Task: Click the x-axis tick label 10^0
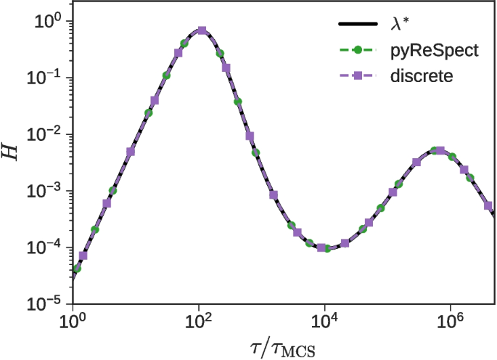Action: [x=73, y=320]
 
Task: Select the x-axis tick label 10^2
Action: [x=199, y=320]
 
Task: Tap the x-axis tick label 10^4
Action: [x=325, y=320]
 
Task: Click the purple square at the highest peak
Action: [x=202, y=30]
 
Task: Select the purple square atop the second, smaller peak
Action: [x=440, y=151]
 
